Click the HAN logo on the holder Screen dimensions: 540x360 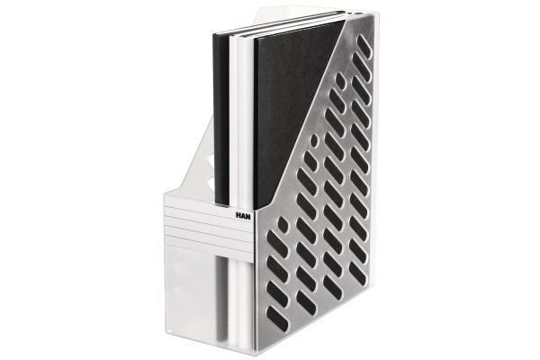244,215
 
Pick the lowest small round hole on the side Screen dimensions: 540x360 283,225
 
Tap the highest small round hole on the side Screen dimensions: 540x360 340,79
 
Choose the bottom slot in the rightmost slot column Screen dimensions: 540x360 358,272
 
